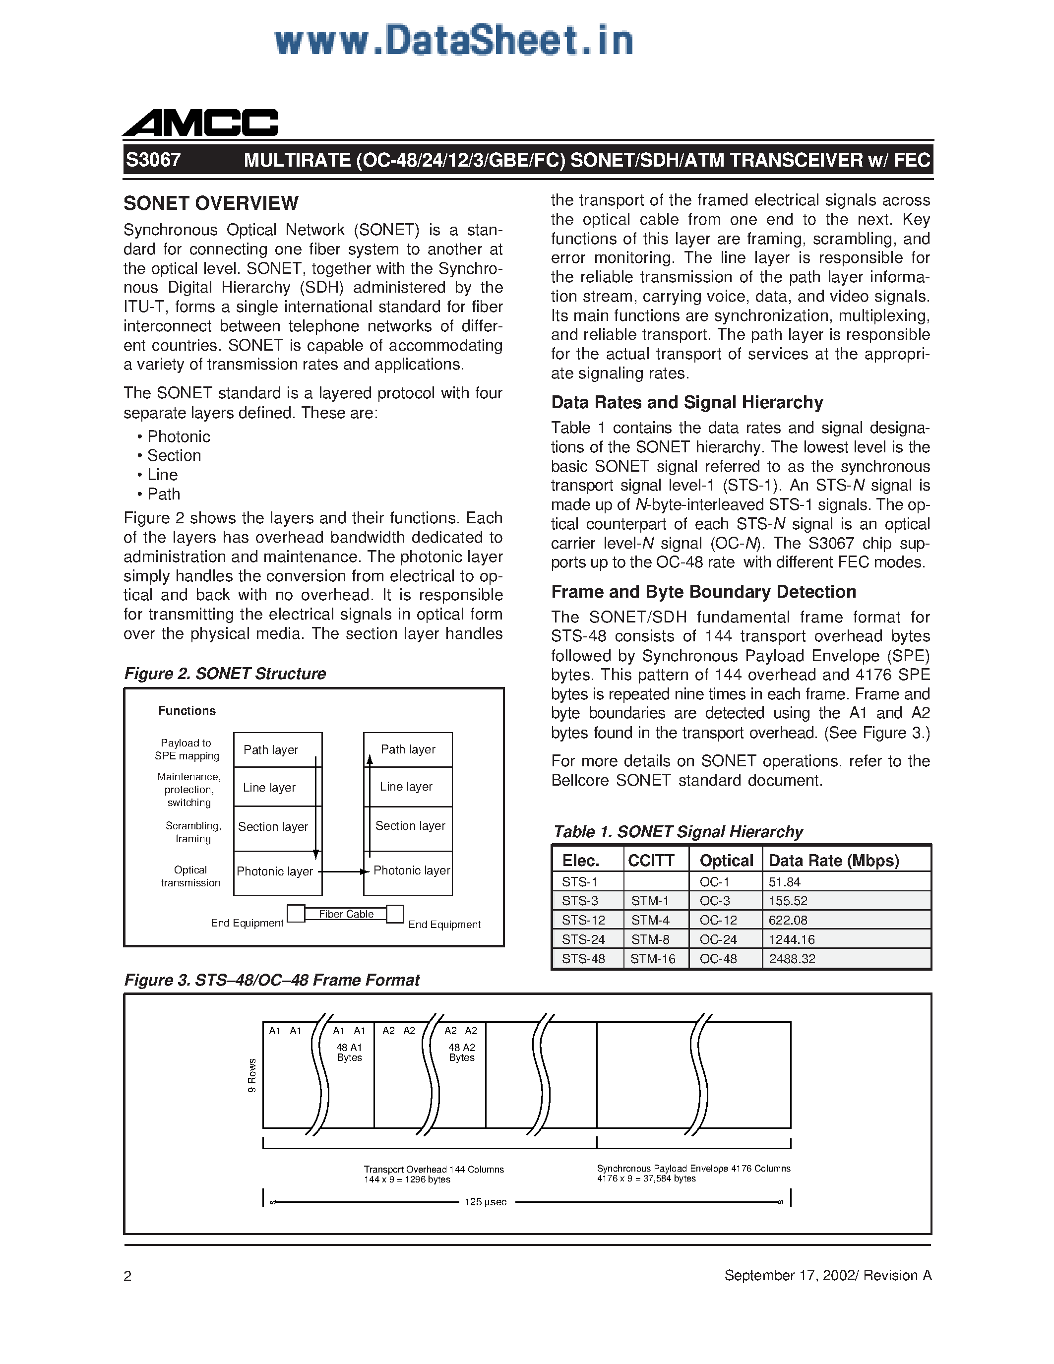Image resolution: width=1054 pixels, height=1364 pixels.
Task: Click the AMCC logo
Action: point(200,123)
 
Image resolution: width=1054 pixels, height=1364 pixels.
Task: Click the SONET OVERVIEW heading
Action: point(211,203)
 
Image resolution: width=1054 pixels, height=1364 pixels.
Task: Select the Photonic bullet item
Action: point(178,436)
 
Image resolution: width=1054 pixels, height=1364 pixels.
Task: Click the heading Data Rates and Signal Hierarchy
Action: point(687,402)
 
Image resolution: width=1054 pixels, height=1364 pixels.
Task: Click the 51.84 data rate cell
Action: point(784,882)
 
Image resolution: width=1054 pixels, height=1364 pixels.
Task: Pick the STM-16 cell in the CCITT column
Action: point(653,959)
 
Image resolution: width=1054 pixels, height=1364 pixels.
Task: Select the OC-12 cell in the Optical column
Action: point(718,920)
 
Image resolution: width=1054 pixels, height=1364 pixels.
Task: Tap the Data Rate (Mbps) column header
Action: point(834,861)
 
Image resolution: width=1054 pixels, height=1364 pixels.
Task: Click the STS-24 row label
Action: point(583,939)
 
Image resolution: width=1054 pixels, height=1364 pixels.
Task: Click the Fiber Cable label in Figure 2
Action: point(346,914)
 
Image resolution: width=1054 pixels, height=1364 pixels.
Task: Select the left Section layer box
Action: point(273,827)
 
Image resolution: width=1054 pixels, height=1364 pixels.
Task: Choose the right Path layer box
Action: point(408,749)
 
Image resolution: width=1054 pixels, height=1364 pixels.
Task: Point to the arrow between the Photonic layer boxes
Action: point(342,872)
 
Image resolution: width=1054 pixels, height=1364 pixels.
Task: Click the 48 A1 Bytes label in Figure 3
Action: point(349,1053)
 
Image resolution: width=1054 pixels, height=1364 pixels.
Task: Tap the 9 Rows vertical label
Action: point(251,1075)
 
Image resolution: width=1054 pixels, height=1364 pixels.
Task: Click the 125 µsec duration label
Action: point(485,1202)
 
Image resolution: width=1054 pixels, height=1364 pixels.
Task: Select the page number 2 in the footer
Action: point(127,1275)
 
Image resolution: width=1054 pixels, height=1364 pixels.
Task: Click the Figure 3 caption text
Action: point(272,980)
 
